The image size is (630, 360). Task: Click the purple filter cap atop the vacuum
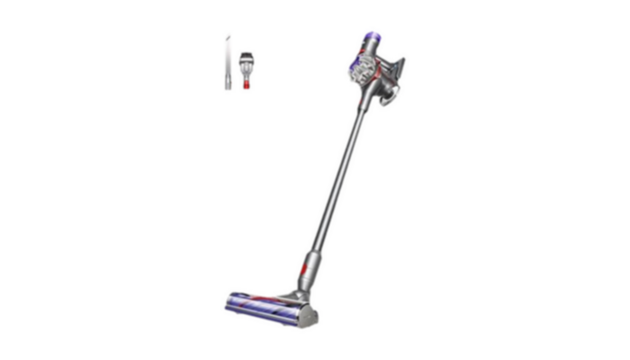[x=370, y=37]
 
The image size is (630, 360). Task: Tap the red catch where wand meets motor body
[x=358, y=101]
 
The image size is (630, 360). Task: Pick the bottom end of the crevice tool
[x=225, y=86]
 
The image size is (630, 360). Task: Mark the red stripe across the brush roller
[x=270, y=305]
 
